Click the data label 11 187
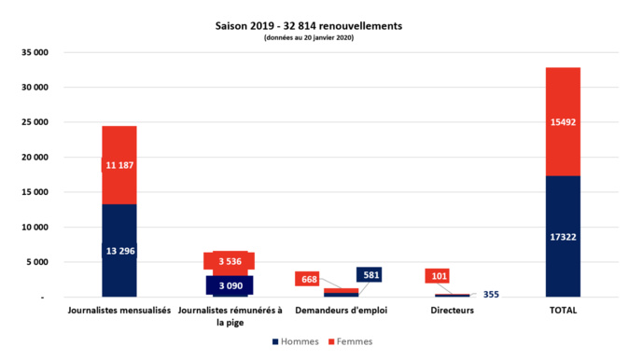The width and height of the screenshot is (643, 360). (x=119, y=165)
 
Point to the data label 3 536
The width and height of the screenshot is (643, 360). (x=230, y=262)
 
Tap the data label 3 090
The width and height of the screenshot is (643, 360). (x=230, y=284)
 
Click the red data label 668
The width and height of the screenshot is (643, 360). (x=308, y=279)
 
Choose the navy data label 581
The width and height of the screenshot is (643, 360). (x=369, y=275)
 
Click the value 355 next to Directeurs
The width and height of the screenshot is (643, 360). (x=491, y=295)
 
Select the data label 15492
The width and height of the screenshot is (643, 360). (x=564, y=121)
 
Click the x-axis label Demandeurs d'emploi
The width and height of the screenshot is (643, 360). (x=341, y=311)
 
